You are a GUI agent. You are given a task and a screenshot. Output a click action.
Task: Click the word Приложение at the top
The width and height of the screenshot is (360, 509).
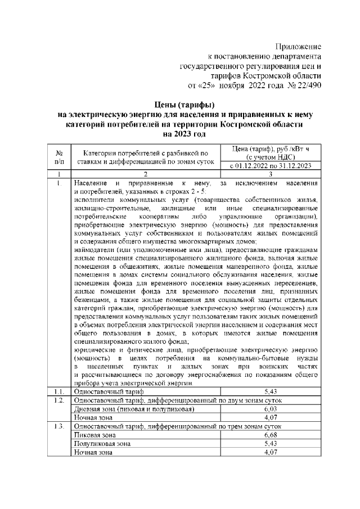tap(298, 46)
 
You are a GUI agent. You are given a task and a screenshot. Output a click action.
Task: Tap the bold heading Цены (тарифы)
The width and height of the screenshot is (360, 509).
tap(184, 104)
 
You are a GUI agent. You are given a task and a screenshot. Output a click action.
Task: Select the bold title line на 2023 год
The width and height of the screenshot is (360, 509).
tap(184, 134)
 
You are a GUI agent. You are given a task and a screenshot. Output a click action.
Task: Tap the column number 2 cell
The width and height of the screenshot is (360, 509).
tap(145, 175)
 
